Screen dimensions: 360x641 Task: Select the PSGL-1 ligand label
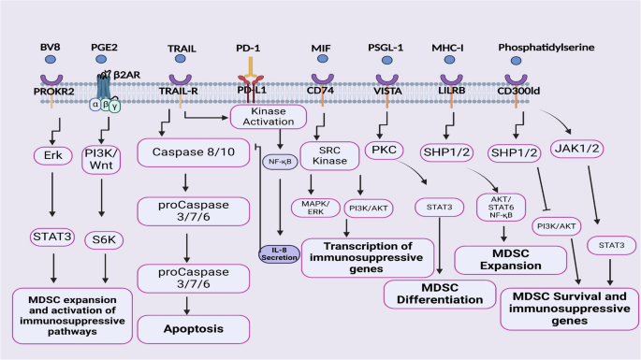click(x=387, y=46)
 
